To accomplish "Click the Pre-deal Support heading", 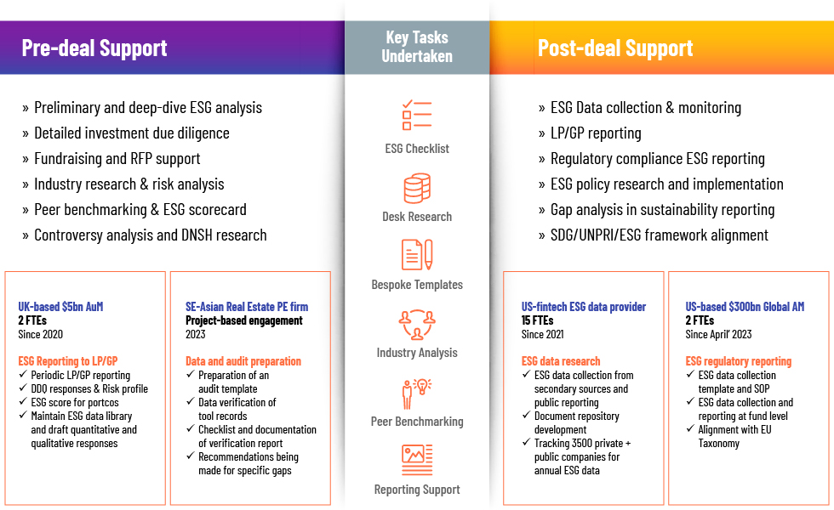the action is click(94, 48).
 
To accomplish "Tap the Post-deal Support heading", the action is click(614, 48).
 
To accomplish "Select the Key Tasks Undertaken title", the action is click(417, 47).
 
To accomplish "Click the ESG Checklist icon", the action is click(417, 116).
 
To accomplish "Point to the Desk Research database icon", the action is click(417, 188).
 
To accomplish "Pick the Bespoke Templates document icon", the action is click(417, 255).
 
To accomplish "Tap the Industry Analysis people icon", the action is click(417, 324).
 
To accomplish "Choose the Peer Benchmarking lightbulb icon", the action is click(417, 393).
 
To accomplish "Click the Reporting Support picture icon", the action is click(417, 460).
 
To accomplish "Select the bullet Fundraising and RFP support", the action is click(117, 158).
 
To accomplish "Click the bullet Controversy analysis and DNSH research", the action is click(151, 235).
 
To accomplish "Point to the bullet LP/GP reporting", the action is click(596, 133).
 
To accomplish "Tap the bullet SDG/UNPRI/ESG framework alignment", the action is click(660, 235).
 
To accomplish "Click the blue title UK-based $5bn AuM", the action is click(60, 307).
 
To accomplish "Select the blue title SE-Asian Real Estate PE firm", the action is click(247, 307).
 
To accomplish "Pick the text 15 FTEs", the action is click(537, 320).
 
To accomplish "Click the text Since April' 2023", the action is click(718, 334).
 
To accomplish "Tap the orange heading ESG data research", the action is click(561, 361).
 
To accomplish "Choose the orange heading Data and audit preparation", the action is click(243, 361).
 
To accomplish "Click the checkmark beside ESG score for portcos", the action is click(23, 401).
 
